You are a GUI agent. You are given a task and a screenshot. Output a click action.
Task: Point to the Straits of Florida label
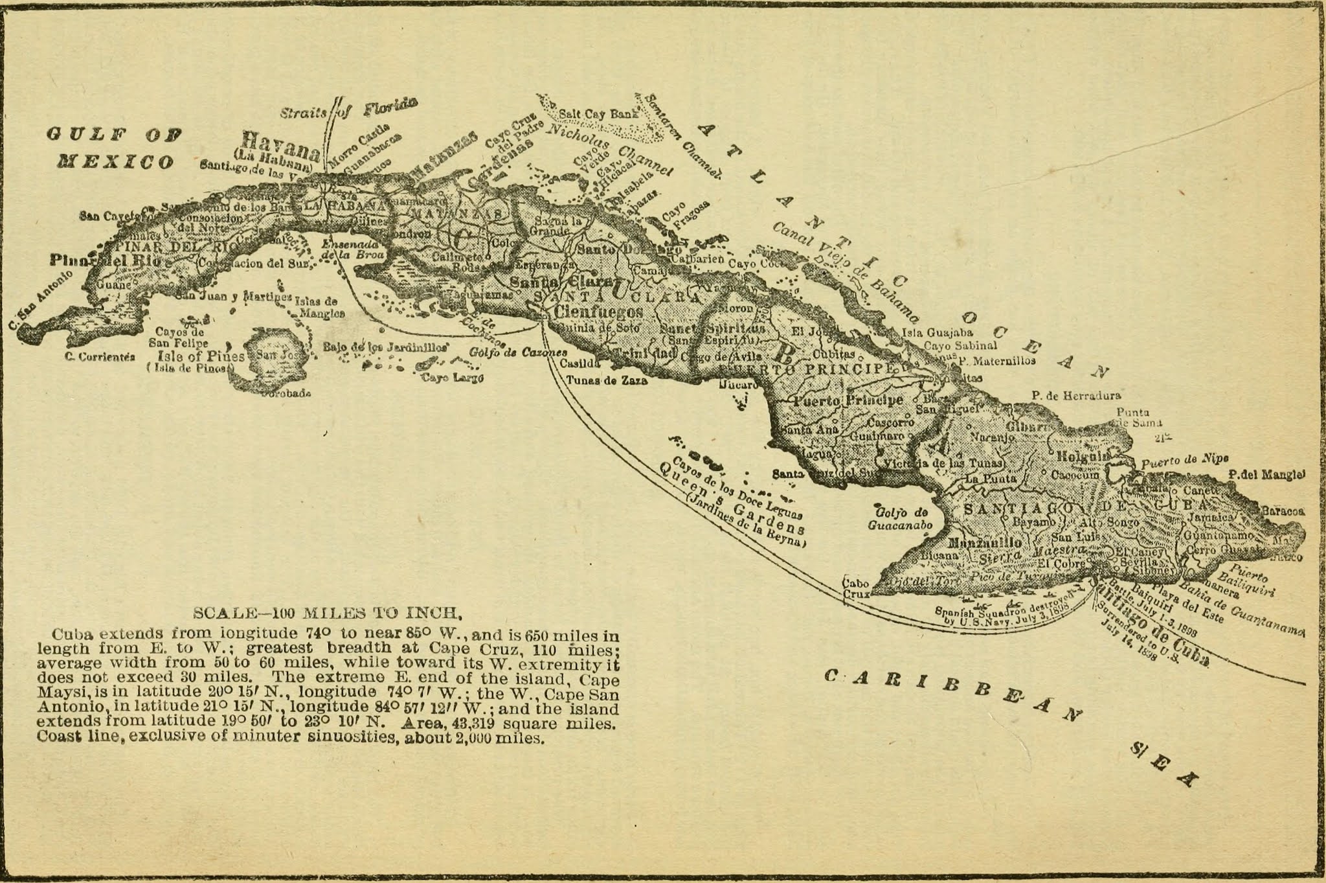348,109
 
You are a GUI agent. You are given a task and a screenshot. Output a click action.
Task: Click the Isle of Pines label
201,356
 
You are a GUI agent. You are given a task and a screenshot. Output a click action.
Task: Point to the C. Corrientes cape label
100,356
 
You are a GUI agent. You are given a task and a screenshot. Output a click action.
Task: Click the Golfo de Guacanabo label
899,518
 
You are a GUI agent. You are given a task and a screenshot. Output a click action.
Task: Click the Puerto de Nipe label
1184,461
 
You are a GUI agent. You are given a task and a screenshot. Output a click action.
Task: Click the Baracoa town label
1283,510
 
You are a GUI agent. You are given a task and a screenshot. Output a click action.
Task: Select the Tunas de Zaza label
606,381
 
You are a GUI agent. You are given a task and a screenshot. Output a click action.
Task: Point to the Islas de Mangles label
319,307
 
